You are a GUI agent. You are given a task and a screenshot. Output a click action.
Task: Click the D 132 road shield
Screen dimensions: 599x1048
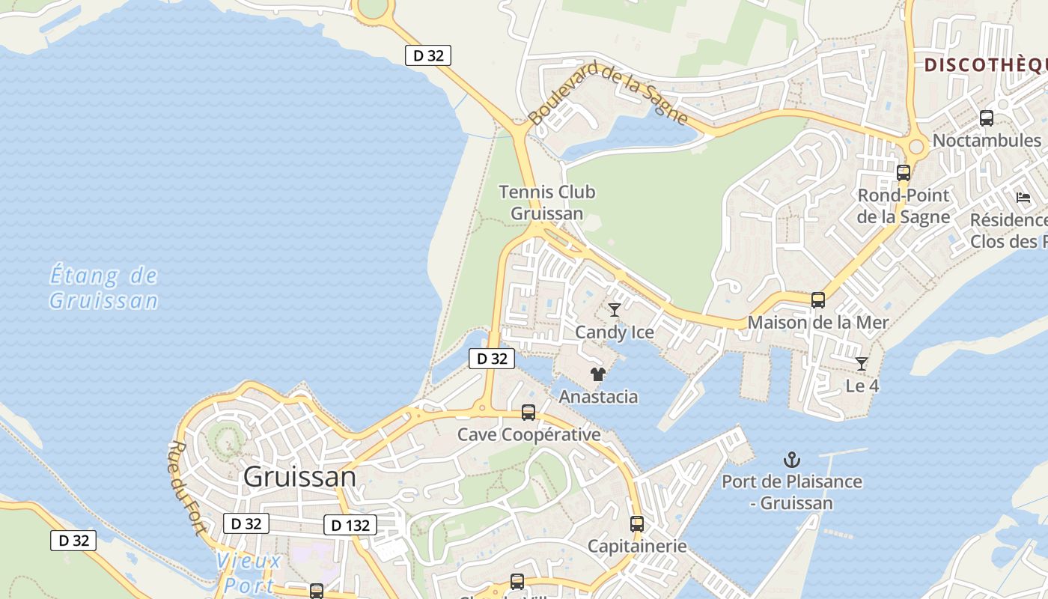pyautogui.click(x=350, y=525)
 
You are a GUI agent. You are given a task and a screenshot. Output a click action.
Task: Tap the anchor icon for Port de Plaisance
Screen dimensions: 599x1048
pyautogui.click(x=791, y=460)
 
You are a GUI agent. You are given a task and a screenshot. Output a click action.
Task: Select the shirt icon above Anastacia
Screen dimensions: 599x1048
pyautogui.click(x=597, y=374)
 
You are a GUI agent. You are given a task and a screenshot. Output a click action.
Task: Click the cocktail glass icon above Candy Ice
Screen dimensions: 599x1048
pyautogui.click(x=615, y=309)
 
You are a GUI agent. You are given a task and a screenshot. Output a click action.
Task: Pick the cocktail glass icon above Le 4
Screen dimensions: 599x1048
pyautogui.click(x=862, y=364)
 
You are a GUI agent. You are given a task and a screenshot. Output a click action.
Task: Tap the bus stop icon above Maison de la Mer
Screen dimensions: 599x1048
pyautogui.click(x=818, y=300)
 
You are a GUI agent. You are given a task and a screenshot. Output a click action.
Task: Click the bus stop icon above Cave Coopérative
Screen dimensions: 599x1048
pyautogui.click(x=528, y=412)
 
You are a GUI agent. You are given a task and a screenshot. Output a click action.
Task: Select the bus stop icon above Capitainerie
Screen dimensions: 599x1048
pyautogui.click(x=637, y=524)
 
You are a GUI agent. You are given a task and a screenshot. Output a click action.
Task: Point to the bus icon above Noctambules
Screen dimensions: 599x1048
pyautogui.click(x=987, y=118)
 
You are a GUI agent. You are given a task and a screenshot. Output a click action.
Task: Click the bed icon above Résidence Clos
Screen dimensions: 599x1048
pyautogui.click(x=1023, y=198)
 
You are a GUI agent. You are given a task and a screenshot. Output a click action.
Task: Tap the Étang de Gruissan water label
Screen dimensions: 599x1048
pyautogui.click(x=103, y=288)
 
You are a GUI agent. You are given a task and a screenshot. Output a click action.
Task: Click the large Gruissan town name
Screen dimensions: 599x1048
pyautogui.click(x=299, y=477)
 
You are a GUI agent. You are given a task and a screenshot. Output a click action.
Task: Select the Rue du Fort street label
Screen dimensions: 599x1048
pyautogui.click(x=188, y=487)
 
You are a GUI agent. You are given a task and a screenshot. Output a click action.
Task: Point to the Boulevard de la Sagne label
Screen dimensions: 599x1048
pyautogui.click(x=607, y=92)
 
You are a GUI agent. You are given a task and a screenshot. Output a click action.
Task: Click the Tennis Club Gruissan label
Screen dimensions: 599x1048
pyautogui.click(x=546, y=202)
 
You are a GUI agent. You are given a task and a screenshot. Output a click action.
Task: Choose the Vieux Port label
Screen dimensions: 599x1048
pyautogui.click(x=249, y=572)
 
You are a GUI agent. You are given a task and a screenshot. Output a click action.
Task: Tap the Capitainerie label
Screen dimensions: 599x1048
pyautogui.click(x=637, y=546)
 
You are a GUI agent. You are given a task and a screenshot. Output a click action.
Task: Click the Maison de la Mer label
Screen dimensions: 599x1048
pyautogui.click(x=818, y=323)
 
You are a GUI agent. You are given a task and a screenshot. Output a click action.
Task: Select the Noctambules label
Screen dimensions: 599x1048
pyautogui.click(x=987, y=140)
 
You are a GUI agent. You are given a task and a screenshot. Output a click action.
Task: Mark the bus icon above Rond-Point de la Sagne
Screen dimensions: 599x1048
pyautogui.click(x=904, y=172)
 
